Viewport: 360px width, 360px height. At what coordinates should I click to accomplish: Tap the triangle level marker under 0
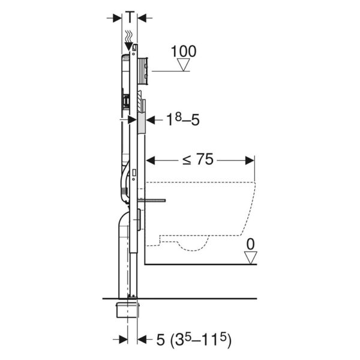(x=250, y=257)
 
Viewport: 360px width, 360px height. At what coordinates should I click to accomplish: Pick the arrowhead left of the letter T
(x=115, y=18)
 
